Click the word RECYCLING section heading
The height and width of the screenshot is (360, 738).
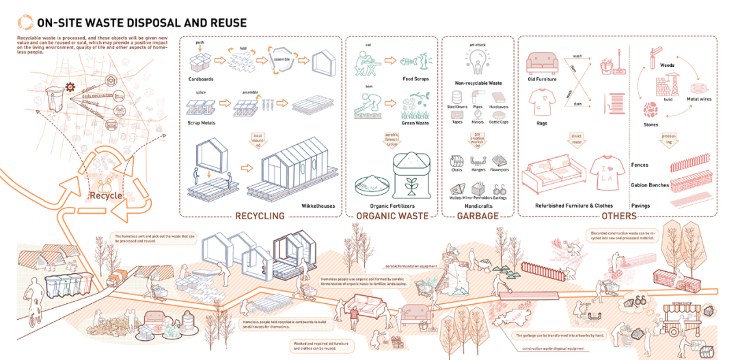(259, 216)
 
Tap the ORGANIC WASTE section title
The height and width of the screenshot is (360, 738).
(392, 216)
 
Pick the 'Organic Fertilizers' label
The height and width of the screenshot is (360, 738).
(392, 205)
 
